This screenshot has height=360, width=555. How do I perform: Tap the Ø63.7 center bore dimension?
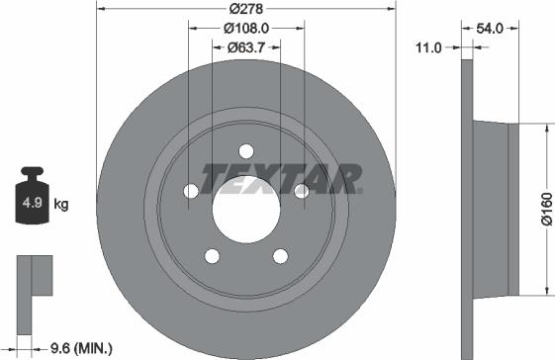[x=245, y=46]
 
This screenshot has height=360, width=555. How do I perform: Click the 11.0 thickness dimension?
[x=429, y=46]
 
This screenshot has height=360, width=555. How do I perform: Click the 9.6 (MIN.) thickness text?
[x=81, y=347]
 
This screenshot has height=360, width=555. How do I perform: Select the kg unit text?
[x=61, y=205]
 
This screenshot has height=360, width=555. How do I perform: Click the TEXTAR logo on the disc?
[x=282, y=179]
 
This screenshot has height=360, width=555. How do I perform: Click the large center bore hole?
[x=245, y=210]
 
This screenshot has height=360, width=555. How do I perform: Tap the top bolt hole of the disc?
[x=245, y=151]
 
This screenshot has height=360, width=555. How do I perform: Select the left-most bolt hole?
[x=190, y=192]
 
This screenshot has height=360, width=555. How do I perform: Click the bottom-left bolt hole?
[x=211, y=257]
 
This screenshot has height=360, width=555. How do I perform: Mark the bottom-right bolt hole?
[x=280, y=257]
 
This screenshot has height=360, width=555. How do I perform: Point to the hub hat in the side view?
[x=495, y=209]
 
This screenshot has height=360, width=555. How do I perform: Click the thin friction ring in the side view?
[x=466, y=209]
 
